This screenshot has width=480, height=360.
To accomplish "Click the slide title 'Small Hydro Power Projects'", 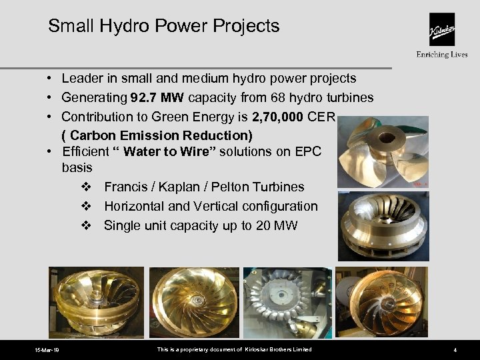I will tap(163, 26).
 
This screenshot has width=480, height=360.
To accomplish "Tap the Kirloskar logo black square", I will tap(441, 29).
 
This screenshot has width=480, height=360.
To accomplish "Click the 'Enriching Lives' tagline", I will tap(441, 55).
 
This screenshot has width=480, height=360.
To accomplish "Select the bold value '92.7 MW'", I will tap(158, 98).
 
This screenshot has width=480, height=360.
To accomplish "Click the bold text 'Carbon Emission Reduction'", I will tap(157, 135).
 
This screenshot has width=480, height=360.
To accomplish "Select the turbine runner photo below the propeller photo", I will tap(383, 225).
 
